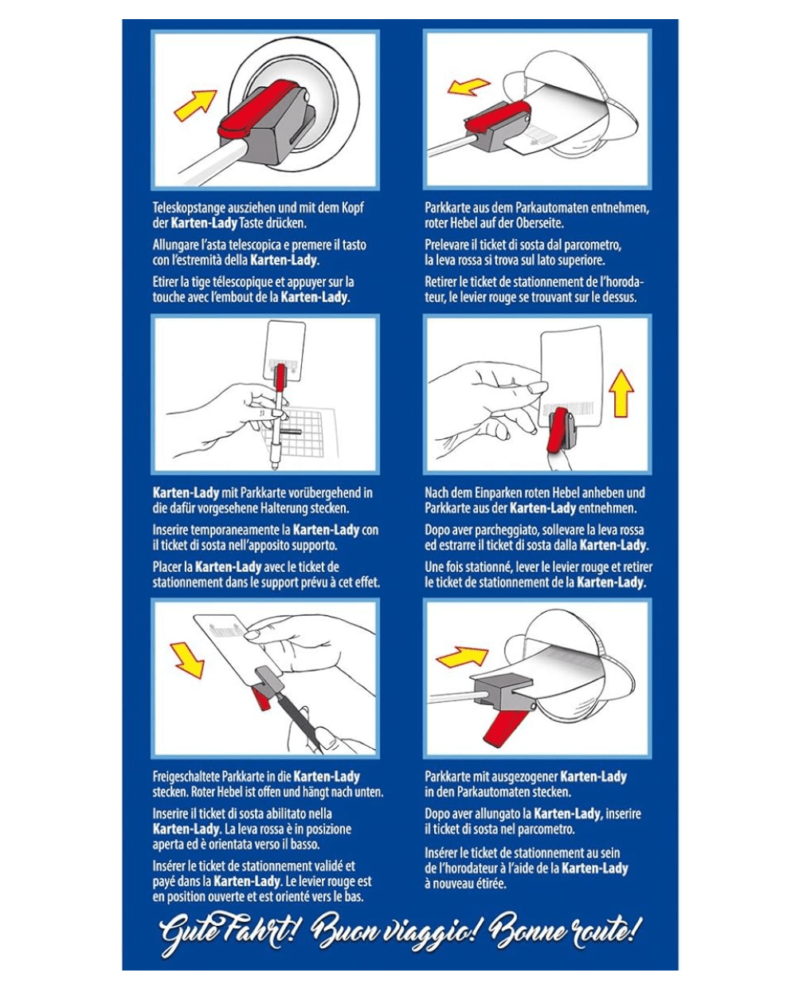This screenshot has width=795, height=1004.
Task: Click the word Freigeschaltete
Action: click(x=191, y=776)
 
